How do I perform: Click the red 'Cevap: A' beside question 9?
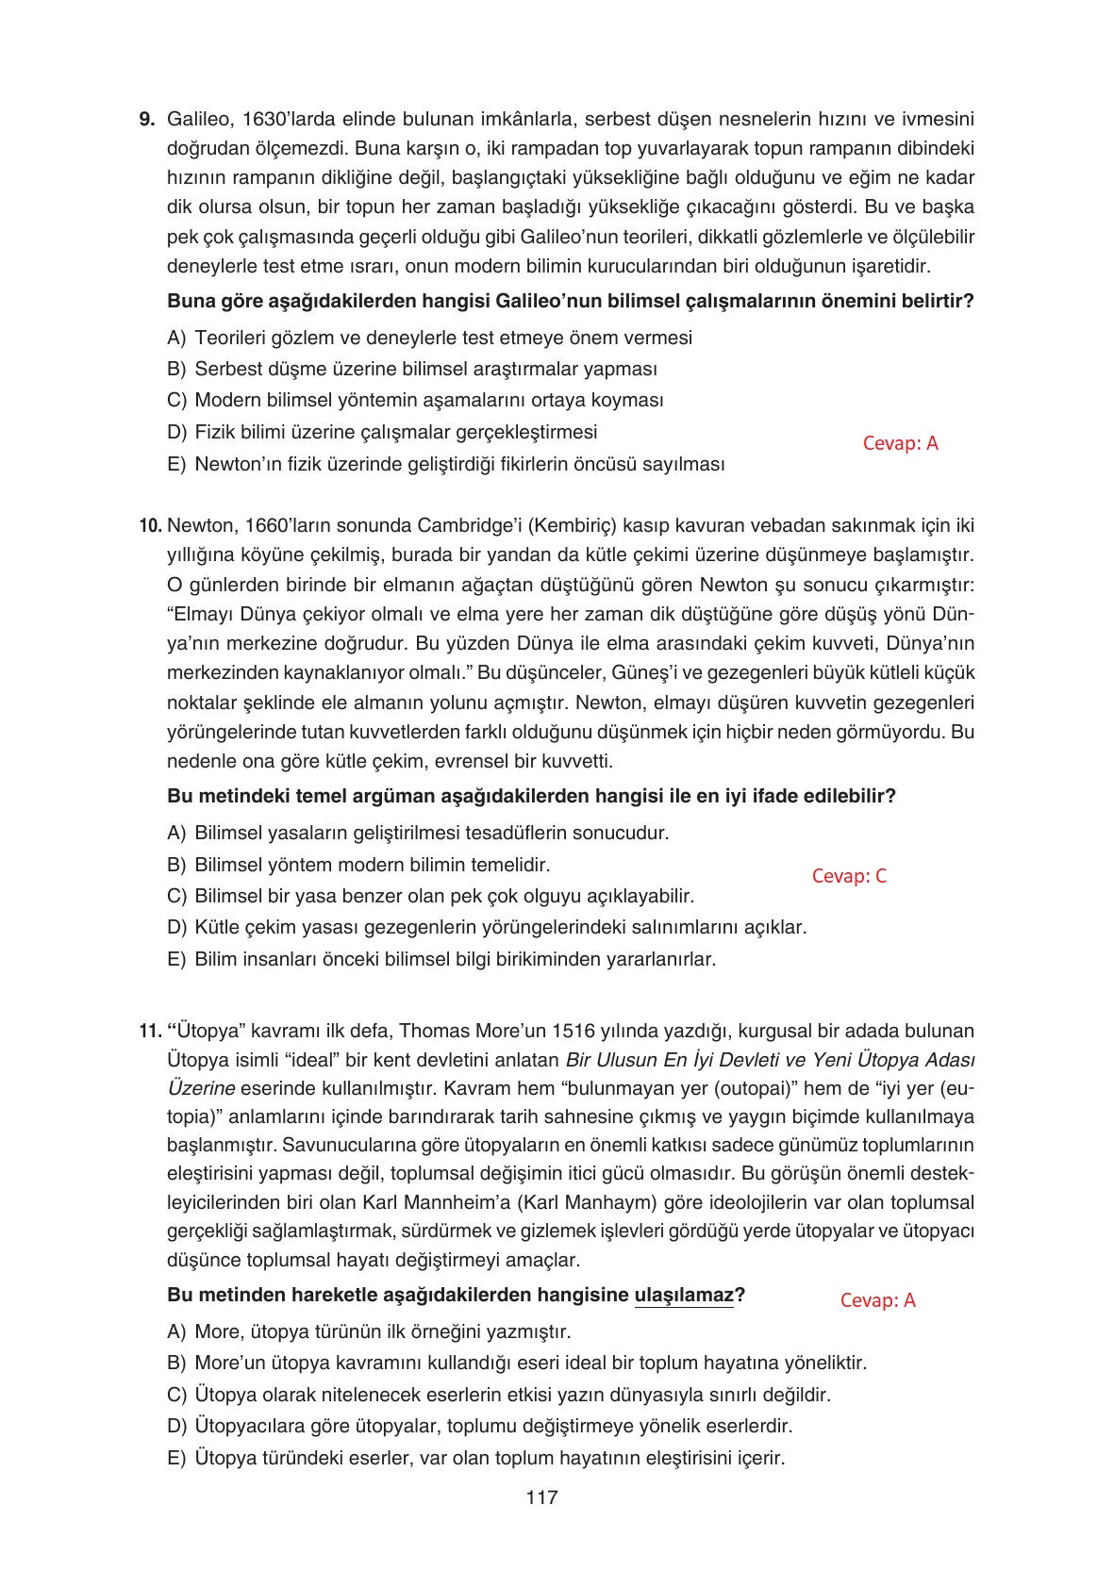pyautogui.click(x=900, y=443)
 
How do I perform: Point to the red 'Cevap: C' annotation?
pyautogui.click(x=849, y=876)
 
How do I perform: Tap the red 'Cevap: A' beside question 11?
pyautogui.click(x=877, y=1300)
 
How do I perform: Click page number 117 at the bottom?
pyautogui.click(x=542, y=1496)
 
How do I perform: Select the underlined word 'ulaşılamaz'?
pyautogui.click(x=684, y=1296)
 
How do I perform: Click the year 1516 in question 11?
pyautogui.click(x=573, y=1031)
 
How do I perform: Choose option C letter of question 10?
pyautogui.click(x=175, y=896)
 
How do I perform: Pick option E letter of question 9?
pyautogui.click(x=175, y=464)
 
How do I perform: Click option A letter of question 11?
pyautogui.click(x=175, y=1331)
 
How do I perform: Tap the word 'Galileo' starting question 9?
pyautogui.click(x=197, y=120)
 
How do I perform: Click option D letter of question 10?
pyautogui.click(x=175, y=927)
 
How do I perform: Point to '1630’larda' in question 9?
pyautogui.click(x=287, y=120)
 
